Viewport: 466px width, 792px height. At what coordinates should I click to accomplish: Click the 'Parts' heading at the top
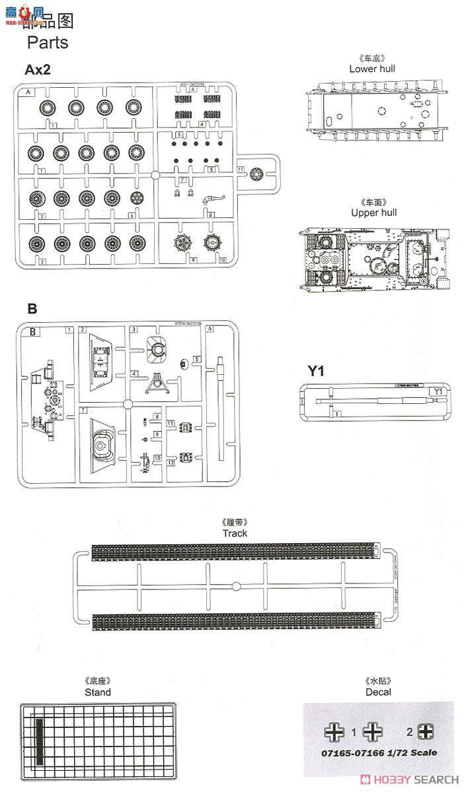[47, 42]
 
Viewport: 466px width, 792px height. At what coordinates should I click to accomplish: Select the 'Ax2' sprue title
[38, 70]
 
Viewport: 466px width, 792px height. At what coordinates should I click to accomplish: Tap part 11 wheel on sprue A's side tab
[258, 176]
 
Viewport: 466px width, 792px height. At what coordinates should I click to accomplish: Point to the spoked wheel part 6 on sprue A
[137, 198]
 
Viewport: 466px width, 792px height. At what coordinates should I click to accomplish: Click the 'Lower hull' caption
[372, 69]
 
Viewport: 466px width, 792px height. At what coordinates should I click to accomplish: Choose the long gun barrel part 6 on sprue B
[220, 409]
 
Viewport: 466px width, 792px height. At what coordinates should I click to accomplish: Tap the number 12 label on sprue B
[170, 463]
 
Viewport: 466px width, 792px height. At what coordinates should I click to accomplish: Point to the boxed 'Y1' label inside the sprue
[436, 391]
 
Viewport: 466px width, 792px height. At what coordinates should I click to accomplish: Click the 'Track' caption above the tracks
[234, 533]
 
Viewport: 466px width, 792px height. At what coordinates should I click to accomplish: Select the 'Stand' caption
[98, 692]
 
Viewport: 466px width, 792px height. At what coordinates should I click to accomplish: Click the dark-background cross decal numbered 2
[426, 731]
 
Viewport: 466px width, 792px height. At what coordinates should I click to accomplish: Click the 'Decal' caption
[377, 692]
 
